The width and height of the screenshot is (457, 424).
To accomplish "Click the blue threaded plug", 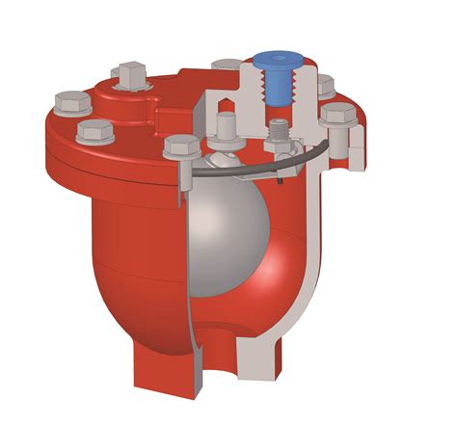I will click(273, 82).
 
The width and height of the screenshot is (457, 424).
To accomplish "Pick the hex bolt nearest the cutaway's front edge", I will click(182, 146).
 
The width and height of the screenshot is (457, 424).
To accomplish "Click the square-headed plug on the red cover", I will click(129, 73).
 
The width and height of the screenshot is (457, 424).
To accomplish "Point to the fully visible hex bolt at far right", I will click(338, 115).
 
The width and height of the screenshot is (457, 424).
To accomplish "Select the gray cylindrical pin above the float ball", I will click(228, 126).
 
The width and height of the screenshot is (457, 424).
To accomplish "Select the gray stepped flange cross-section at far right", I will click(357, 145).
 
